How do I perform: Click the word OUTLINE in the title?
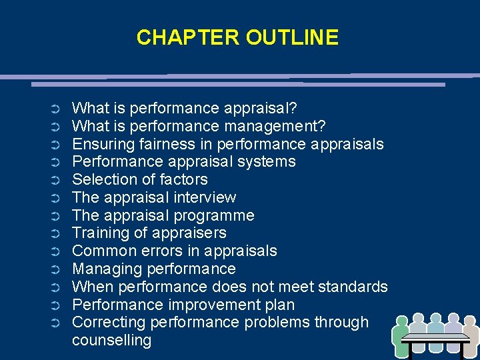[292, 37]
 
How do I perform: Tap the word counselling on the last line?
[111, 340]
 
